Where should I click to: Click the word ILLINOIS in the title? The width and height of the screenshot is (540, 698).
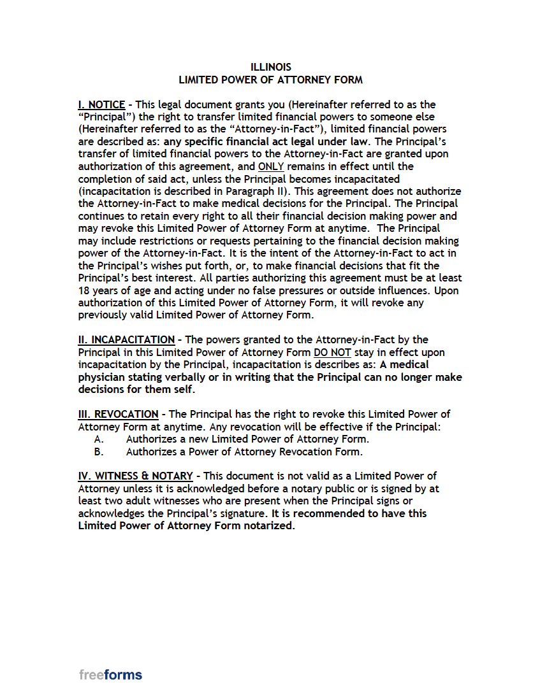[270, 68]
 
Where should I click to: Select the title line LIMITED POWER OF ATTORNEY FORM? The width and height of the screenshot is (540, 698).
[270, 80]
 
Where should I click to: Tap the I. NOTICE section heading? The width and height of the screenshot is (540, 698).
[101, 104]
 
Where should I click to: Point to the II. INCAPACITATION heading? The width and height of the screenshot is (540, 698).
[126, 340]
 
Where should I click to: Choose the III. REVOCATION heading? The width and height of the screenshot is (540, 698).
[118, 415]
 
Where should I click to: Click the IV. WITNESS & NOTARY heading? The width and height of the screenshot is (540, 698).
[135, 476]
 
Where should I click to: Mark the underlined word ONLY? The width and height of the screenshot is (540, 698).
[271, 166]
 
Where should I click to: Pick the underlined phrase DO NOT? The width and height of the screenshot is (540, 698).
[332, 353]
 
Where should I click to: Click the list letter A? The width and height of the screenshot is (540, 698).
[99, 439]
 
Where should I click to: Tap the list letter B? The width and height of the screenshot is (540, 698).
[99, 452]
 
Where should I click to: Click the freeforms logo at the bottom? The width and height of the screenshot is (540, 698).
[111, 675]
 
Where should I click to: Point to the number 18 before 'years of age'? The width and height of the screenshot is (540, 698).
[84, 290]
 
